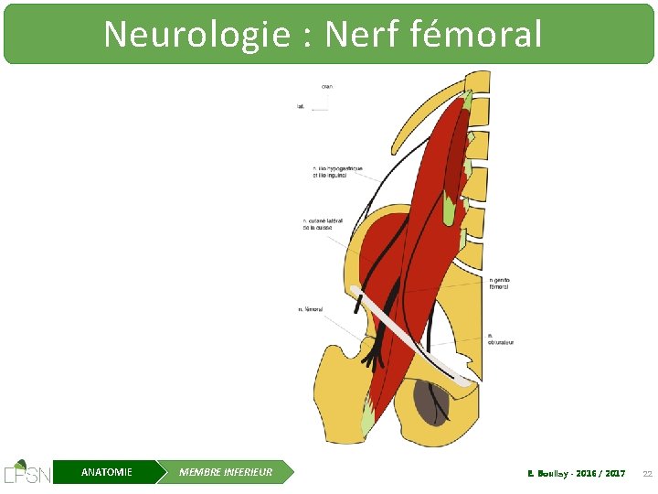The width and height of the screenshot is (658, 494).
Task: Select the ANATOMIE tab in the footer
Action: tap(106, 472)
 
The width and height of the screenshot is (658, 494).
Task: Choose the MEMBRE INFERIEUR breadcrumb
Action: tap(226, 472)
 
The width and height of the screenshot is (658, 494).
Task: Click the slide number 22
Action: tap(647, 473)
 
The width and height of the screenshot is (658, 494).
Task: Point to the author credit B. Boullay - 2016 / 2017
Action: tap(577, 473)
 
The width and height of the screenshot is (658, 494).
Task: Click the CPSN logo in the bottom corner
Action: tap(27, 471)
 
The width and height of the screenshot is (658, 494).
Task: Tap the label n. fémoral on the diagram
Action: tap(311, 309)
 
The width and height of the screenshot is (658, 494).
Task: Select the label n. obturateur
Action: tap(500, 338)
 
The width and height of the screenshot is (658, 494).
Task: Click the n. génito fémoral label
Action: tap(499, 283)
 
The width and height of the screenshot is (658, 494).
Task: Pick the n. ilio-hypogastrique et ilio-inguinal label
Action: tap(337, 171)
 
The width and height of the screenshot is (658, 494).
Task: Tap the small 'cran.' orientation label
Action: tap(326, 86)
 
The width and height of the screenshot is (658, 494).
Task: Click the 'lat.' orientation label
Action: tap(301, 106)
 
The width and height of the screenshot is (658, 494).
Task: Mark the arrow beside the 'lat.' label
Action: tap(319, 110)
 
